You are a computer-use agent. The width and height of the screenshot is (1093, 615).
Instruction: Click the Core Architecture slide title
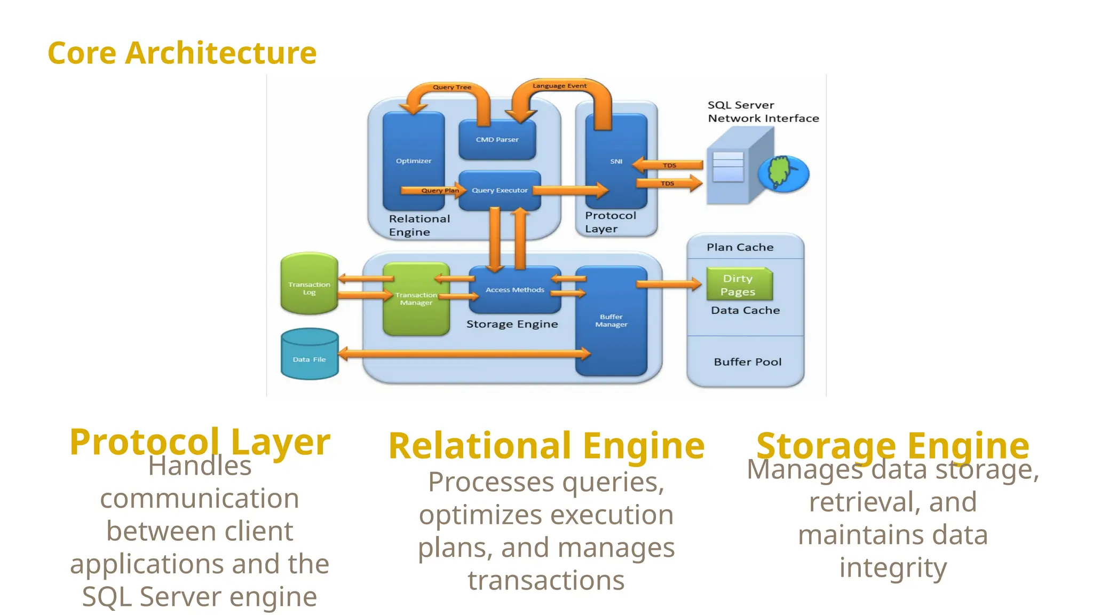click(x=182, y=53)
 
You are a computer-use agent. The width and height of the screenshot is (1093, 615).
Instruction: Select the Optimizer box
click(x=414, y=160)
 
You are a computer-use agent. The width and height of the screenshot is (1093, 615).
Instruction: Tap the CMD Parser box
click(x=497, y=140)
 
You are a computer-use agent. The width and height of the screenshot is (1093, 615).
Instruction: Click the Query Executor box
click(x=500, y=191)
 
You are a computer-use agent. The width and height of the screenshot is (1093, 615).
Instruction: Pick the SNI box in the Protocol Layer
click(x=616, y=161)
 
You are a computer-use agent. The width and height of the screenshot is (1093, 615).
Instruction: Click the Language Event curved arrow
click(x=559, y=87)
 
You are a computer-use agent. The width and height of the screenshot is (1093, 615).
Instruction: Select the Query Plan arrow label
click(x=440, y=191)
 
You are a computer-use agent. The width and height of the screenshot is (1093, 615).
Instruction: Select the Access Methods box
click(x=514, y=290)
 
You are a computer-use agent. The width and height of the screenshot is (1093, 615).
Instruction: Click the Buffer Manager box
click(x=611, y=321)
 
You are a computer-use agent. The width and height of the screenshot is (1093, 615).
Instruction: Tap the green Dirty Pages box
click(x=738, y=285)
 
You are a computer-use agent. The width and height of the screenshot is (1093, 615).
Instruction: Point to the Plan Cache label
click(x=740, y=247)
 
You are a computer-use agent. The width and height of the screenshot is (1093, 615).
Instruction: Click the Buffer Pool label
click(x=747, y=362)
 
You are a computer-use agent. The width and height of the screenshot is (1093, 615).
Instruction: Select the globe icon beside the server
click(x=783, y=174)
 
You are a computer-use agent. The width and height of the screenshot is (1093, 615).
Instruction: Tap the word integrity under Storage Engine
click(x=893, y=568)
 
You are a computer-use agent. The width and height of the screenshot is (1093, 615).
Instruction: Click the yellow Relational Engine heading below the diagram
click(x=546, y=446)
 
